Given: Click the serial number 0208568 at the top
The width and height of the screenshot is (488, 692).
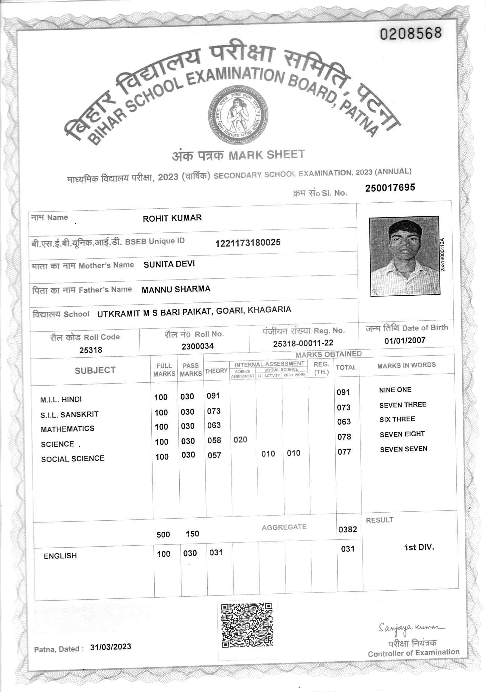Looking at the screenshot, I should (x=411, y=33).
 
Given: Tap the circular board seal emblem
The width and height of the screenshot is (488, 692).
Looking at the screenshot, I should (x=238, y=114).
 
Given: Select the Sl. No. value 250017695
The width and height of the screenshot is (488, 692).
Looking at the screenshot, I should (x=390, y=188).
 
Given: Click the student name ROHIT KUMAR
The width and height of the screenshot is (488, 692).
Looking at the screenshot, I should (x=172, y=218).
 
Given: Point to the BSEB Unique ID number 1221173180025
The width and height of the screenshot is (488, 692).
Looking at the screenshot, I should (x=248, y=243).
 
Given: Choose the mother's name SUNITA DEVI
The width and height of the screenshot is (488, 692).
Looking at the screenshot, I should (x=169, y=264).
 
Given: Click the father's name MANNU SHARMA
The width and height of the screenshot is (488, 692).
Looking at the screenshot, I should (x=176, y=289).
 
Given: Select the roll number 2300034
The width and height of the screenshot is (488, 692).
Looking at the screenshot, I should (x=198, y=346).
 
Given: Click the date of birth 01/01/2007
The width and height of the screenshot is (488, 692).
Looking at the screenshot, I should (x=405, y=341).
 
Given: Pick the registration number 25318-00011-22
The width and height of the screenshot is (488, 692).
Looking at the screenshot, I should (x=303, y=343).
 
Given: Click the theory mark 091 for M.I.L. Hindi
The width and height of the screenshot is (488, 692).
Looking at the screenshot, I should (x=213, y=396).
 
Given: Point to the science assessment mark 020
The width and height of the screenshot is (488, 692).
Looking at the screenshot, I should (x=240, y=440).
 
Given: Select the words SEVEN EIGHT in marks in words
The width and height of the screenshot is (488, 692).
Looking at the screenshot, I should (x=402, y=434).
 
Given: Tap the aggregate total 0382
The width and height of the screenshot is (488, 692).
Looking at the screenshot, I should (x=348, y=530).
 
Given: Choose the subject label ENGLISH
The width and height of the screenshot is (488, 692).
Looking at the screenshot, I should (x=60, y=556).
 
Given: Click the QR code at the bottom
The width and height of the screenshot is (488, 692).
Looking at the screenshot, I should (x=247, y=625).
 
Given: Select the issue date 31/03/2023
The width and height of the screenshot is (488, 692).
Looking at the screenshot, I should (x=111, y=647).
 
